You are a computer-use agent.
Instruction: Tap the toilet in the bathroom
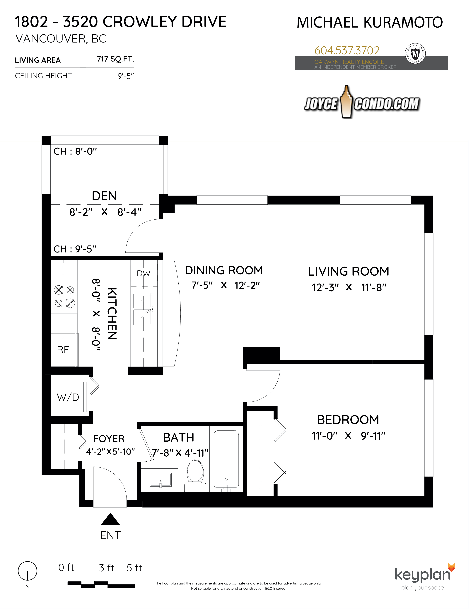[195, 476]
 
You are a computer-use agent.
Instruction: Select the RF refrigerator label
[63, 349]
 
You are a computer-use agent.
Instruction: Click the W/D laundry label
[68, 397]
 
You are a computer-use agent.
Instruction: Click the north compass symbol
[27, 571]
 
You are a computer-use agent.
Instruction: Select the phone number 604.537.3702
[347, 50]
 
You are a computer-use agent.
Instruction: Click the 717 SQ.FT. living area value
[115, 59]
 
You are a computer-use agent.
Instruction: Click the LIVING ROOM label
[349, 271]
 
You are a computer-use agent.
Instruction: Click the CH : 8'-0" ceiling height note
[75, 151]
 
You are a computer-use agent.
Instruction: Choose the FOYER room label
[109, 439]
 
